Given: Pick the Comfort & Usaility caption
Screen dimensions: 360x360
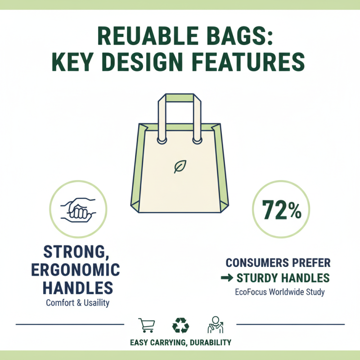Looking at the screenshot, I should (78, 303).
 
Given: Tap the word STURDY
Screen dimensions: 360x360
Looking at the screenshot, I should (257, 278).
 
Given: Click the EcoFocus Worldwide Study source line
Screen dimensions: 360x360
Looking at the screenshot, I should (279, 292).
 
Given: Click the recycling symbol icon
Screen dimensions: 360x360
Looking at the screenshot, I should (180, 325).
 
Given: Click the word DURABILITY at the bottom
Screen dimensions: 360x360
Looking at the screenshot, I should (209, 342).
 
